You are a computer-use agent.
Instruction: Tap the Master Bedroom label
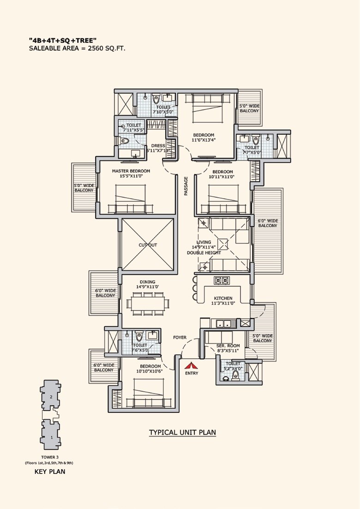[x=128, y=171]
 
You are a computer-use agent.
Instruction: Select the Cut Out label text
[x=148, y=245]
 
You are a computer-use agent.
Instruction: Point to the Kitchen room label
[x=223, y=298]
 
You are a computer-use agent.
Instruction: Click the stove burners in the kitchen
[x=221, y=280]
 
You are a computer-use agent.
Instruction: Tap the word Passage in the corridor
[x=186, y=186]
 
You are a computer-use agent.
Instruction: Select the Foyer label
[x=180, y=337]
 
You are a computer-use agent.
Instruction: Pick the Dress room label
[x=158, y=146]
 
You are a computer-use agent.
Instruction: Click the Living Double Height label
[x=204, y=247]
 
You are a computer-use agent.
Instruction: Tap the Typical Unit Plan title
[x=182, y=433]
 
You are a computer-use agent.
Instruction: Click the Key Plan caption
[x=50, y=472]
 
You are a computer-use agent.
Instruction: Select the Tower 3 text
[x=48, y=457]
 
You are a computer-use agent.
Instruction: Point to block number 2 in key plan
[x=51, y=396]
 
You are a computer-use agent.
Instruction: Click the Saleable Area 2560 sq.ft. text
[x=77, y=48]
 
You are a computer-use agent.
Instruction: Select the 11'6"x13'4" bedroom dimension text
[x=204, y=140]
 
